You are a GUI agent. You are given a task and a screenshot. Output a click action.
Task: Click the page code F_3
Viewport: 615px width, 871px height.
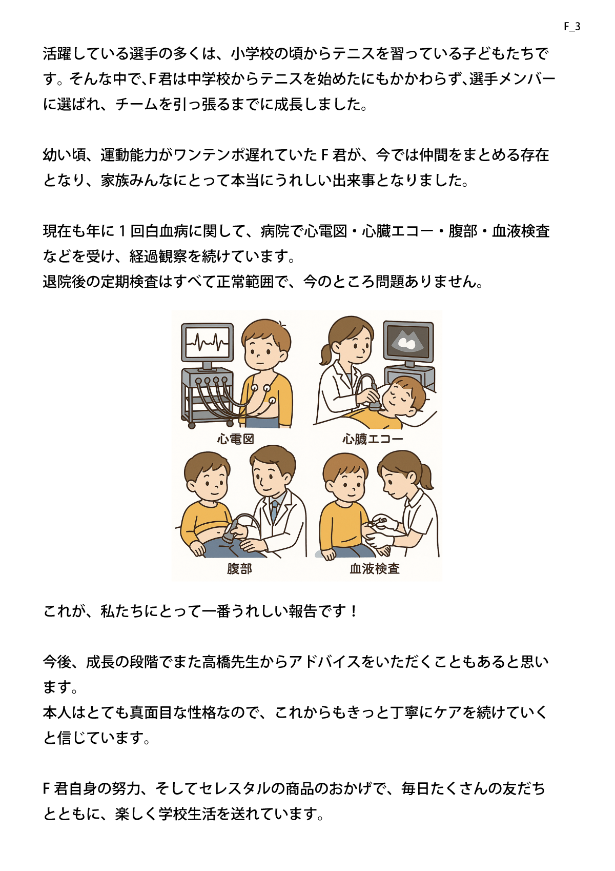pyautogui.click(x=572, y=27)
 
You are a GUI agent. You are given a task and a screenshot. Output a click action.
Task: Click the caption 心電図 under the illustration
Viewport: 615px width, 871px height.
pyautogui.click(x=236, y=439)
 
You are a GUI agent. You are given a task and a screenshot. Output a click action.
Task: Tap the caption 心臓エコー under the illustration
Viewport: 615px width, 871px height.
pyautogui.click(x=373, y=439)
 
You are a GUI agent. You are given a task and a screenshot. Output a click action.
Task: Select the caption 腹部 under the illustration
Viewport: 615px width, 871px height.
pyautogui.click(x=239, y=568)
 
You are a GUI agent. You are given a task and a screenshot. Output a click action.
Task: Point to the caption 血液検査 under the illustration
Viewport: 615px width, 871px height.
pyautogui.click(x=375, y=568)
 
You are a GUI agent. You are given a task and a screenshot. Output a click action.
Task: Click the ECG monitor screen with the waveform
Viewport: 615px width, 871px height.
pyautogui.click(x=207, y=343)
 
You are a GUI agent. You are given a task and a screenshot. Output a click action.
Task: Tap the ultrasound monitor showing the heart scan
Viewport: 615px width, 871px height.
pyautogui.click(x=408, y=342)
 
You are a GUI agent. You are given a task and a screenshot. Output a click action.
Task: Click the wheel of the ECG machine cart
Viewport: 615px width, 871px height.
pyautogui.click(x=192, y=425)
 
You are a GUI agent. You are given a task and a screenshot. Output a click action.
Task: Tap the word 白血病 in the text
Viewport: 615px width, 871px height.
pyautogui.click(x=166, y=231)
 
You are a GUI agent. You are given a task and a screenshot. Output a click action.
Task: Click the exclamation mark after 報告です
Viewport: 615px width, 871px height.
pyautogui.click(x=353, y=611)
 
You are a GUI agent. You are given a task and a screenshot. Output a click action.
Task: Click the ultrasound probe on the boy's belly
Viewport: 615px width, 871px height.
pyautogui.click(x=232, y=530)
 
